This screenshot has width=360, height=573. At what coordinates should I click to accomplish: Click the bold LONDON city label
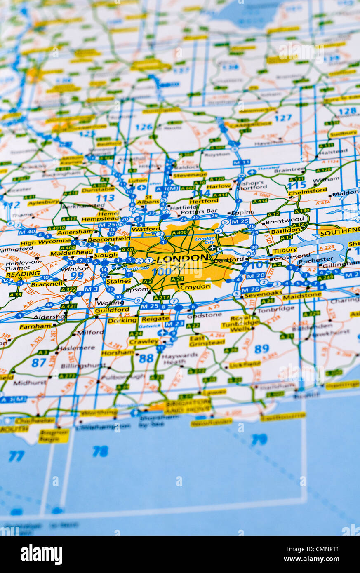[182, 258]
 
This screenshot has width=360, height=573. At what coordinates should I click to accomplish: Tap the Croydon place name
[195, 286]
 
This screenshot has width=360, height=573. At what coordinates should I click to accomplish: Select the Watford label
[146, 229]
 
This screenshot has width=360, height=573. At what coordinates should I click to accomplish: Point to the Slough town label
[106, 255]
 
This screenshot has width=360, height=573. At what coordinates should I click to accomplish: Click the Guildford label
[112, 310]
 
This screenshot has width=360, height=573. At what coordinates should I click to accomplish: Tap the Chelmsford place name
[308, 192]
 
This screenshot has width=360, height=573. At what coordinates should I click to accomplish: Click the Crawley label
[144, 342]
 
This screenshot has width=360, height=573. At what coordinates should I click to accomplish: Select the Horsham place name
[118, 353]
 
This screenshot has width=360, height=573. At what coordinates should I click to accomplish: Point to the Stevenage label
[190, 175]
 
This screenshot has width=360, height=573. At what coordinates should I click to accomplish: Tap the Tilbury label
[285, 250]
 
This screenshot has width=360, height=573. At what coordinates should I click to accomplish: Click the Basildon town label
[285, 230]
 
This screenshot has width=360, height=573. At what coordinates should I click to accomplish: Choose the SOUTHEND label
[339, 232]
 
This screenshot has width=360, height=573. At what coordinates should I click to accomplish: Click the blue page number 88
[146, 358]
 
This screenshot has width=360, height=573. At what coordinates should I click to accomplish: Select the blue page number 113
[105, 198]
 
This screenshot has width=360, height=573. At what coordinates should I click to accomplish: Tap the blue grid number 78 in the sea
[100, 451]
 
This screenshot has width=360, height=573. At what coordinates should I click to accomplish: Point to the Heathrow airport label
[130, 268]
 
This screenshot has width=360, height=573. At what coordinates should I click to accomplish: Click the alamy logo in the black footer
[41, 554]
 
